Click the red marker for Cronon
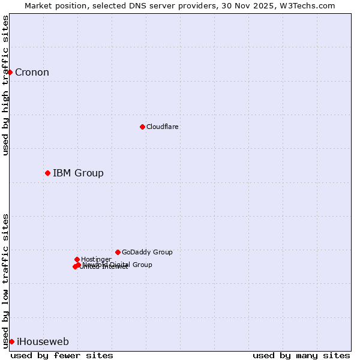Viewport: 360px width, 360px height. pyautogui.click(x=10, y=72)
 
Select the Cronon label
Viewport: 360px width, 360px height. pyautogui.click(x=32, y=73)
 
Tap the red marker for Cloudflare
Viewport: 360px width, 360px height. pyautogui.click(x=142, y=127)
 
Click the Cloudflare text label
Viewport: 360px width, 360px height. pyautogui.click(x=162, y=127)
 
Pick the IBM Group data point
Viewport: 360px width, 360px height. pyautogui.click(x=47, y=173)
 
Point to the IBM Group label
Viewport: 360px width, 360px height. pyautogui.click(x=78, y=173)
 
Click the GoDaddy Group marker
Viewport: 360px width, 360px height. pyautogui.click(x=118, y=252)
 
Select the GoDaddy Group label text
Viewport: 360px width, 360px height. pyautogui.click(x=147, y=253)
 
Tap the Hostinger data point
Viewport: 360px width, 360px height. pyautogui.click(x=77, y=259)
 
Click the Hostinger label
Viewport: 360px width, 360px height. pyautogui.click(x=96, y=259)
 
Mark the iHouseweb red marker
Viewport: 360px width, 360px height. pyautogui.click(x=11, y=341)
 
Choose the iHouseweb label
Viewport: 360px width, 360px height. pyautogui.click(x=43, y=342)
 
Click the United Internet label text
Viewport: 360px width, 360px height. pyautogui.click(x=103, y=267)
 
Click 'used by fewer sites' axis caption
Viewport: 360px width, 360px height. pyautogui.click(x=62, y=355)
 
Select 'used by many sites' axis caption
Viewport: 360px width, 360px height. pyautogui.click(x=301, y=355)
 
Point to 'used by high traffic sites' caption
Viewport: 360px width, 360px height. pyautogui.click(x=6, y=86)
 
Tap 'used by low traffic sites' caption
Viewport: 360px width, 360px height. pyautogui.click(x=6, y=280)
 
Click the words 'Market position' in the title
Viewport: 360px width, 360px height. pyautogui.click(x=53, y=6)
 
